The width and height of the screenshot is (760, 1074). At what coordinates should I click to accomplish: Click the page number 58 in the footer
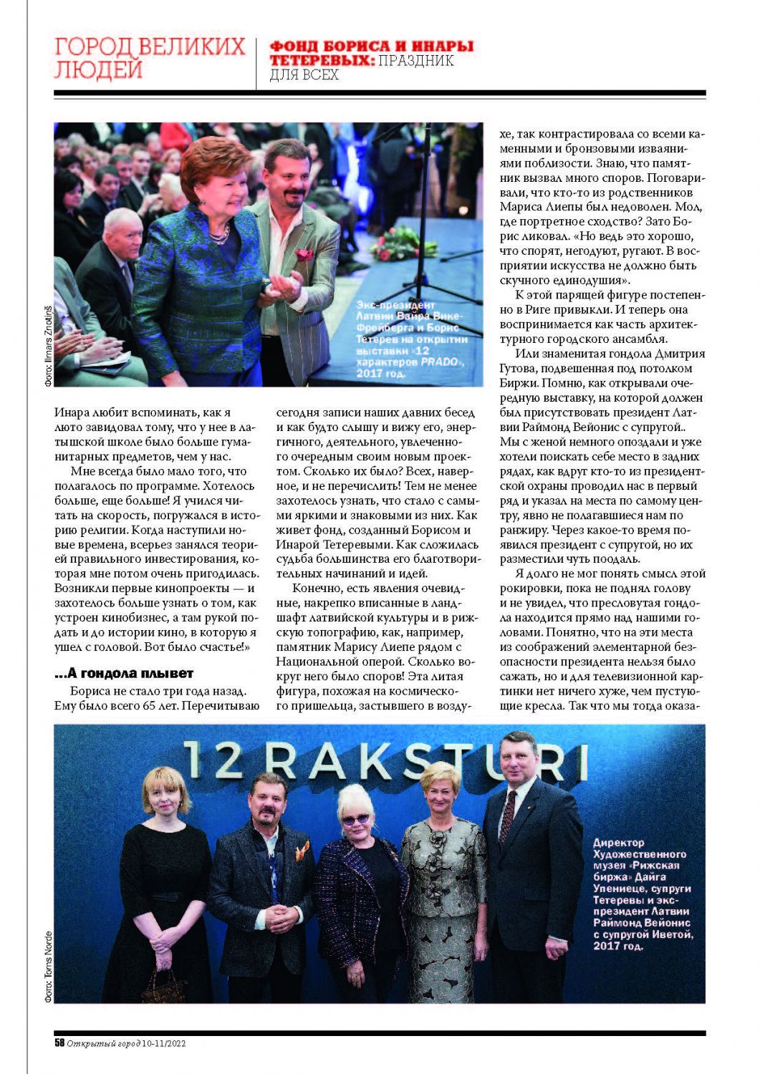point(59,1043)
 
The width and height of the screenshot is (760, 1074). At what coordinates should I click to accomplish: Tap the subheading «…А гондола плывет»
point(123,674)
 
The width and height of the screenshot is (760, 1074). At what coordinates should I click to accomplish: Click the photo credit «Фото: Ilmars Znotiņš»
point(48,345)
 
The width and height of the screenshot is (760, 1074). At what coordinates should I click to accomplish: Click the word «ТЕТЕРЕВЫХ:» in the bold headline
point(322,61)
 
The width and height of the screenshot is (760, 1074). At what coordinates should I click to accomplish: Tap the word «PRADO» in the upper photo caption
point(439,362)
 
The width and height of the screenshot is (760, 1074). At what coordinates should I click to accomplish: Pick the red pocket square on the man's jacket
point(304,254)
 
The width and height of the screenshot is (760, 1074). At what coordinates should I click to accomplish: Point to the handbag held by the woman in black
point(163,987)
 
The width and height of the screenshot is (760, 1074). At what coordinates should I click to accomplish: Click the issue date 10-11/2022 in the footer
point(163,1043)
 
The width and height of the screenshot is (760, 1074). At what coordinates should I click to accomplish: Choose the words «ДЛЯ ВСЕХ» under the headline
point(304,74)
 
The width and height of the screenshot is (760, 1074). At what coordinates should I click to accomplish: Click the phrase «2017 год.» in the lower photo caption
point(618,946)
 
